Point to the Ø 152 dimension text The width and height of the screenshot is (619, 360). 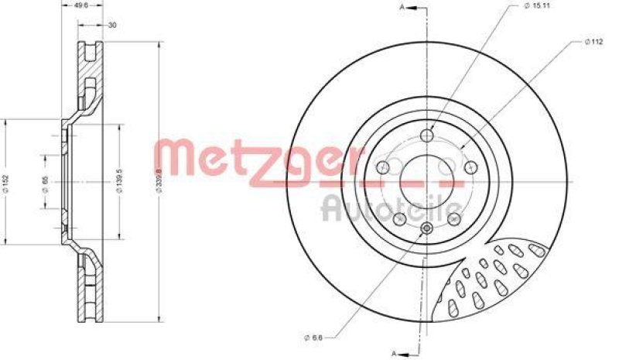[9, 180]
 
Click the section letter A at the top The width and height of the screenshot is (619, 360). [402, 7]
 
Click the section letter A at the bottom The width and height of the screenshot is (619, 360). [394, 353]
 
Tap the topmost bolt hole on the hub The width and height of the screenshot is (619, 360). [428, 136]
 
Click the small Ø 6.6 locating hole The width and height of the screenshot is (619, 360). [428, 228]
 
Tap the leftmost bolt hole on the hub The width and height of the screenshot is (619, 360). [382, 168]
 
